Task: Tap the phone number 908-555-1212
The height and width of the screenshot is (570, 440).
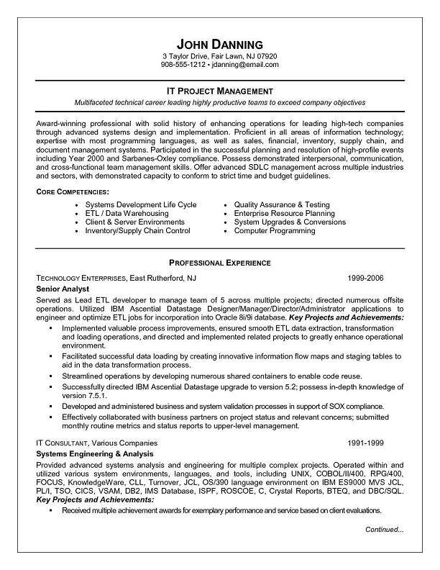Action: click(x=183, y=65)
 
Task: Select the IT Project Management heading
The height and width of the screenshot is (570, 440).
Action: click(x=220, y=91)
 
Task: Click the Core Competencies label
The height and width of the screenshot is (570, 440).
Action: click(x=72, y=191)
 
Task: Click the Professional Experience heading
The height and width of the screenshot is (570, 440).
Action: click(x=220, y=263)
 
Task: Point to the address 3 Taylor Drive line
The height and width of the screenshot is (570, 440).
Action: click(x=220, y=55)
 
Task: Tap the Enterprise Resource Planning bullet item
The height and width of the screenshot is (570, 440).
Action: click(x=284, y=214)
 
